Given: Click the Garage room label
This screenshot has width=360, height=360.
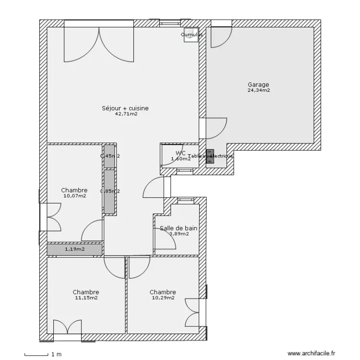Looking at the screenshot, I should pyautogui.click(x=258, y=85).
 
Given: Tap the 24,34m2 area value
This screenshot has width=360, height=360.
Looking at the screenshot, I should pyautogui.click(x=258, y=90).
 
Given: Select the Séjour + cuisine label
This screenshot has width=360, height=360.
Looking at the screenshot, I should pyautogui.click(x=125, y=108).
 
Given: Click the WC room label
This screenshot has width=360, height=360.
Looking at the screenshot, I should pyautogui.click(x=180, y=153).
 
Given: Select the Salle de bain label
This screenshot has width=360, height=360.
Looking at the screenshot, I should pyautogui.click(x=179, y=228).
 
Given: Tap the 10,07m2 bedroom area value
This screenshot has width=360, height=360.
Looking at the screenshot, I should pyautogui.click(x=74, y=196).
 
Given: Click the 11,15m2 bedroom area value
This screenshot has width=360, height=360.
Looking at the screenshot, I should pyautogui.click(x=86, y=298).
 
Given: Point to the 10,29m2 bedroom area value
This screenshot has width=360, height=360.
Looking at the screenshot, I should pyautogui.click(x=162, y=298).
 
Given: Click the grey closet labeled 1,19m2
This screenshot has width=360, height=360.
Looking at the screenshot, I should pyautogui.click(x=74, y=250).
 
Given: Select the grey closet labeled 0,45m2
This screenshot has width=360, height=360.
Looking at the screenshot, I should pyautogui.click(x=109, y=156).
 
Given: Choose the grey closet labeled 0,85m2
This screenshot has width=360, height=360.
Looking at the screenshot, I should pyautogui.click(x=109, y=192).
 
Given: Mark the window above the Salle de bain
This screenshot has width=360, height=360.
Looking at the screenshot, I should pyautogui.click(x=184, y=200).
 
